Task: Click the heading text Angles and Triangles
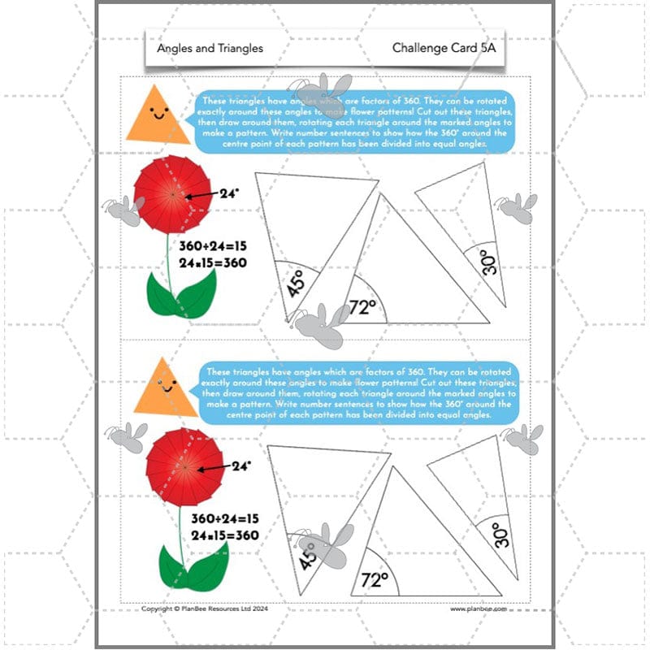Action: pyautogui.click(x=210, y=48)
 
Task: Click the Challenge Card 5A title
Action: pyautogui.click(x=443, y=48)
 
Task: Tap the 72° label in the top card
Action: pyautogui.click(x=362, y=306)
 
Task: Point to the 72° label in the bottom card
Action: pyautogui.click(x=373, y=579)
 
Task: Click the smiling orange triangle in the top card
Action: pyautogui.click(x=158, y=115)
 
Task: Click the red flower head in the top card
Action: pyautogui.click(x=172, y=195)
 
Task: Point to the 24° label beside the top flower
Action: pyautogui.click(x=230, y=194)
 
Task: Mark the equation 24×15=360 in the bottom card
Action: pyautogui.click(x=224, y=535)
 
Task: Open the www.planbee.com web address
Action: pyautogui.click(x=479, y=608)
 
